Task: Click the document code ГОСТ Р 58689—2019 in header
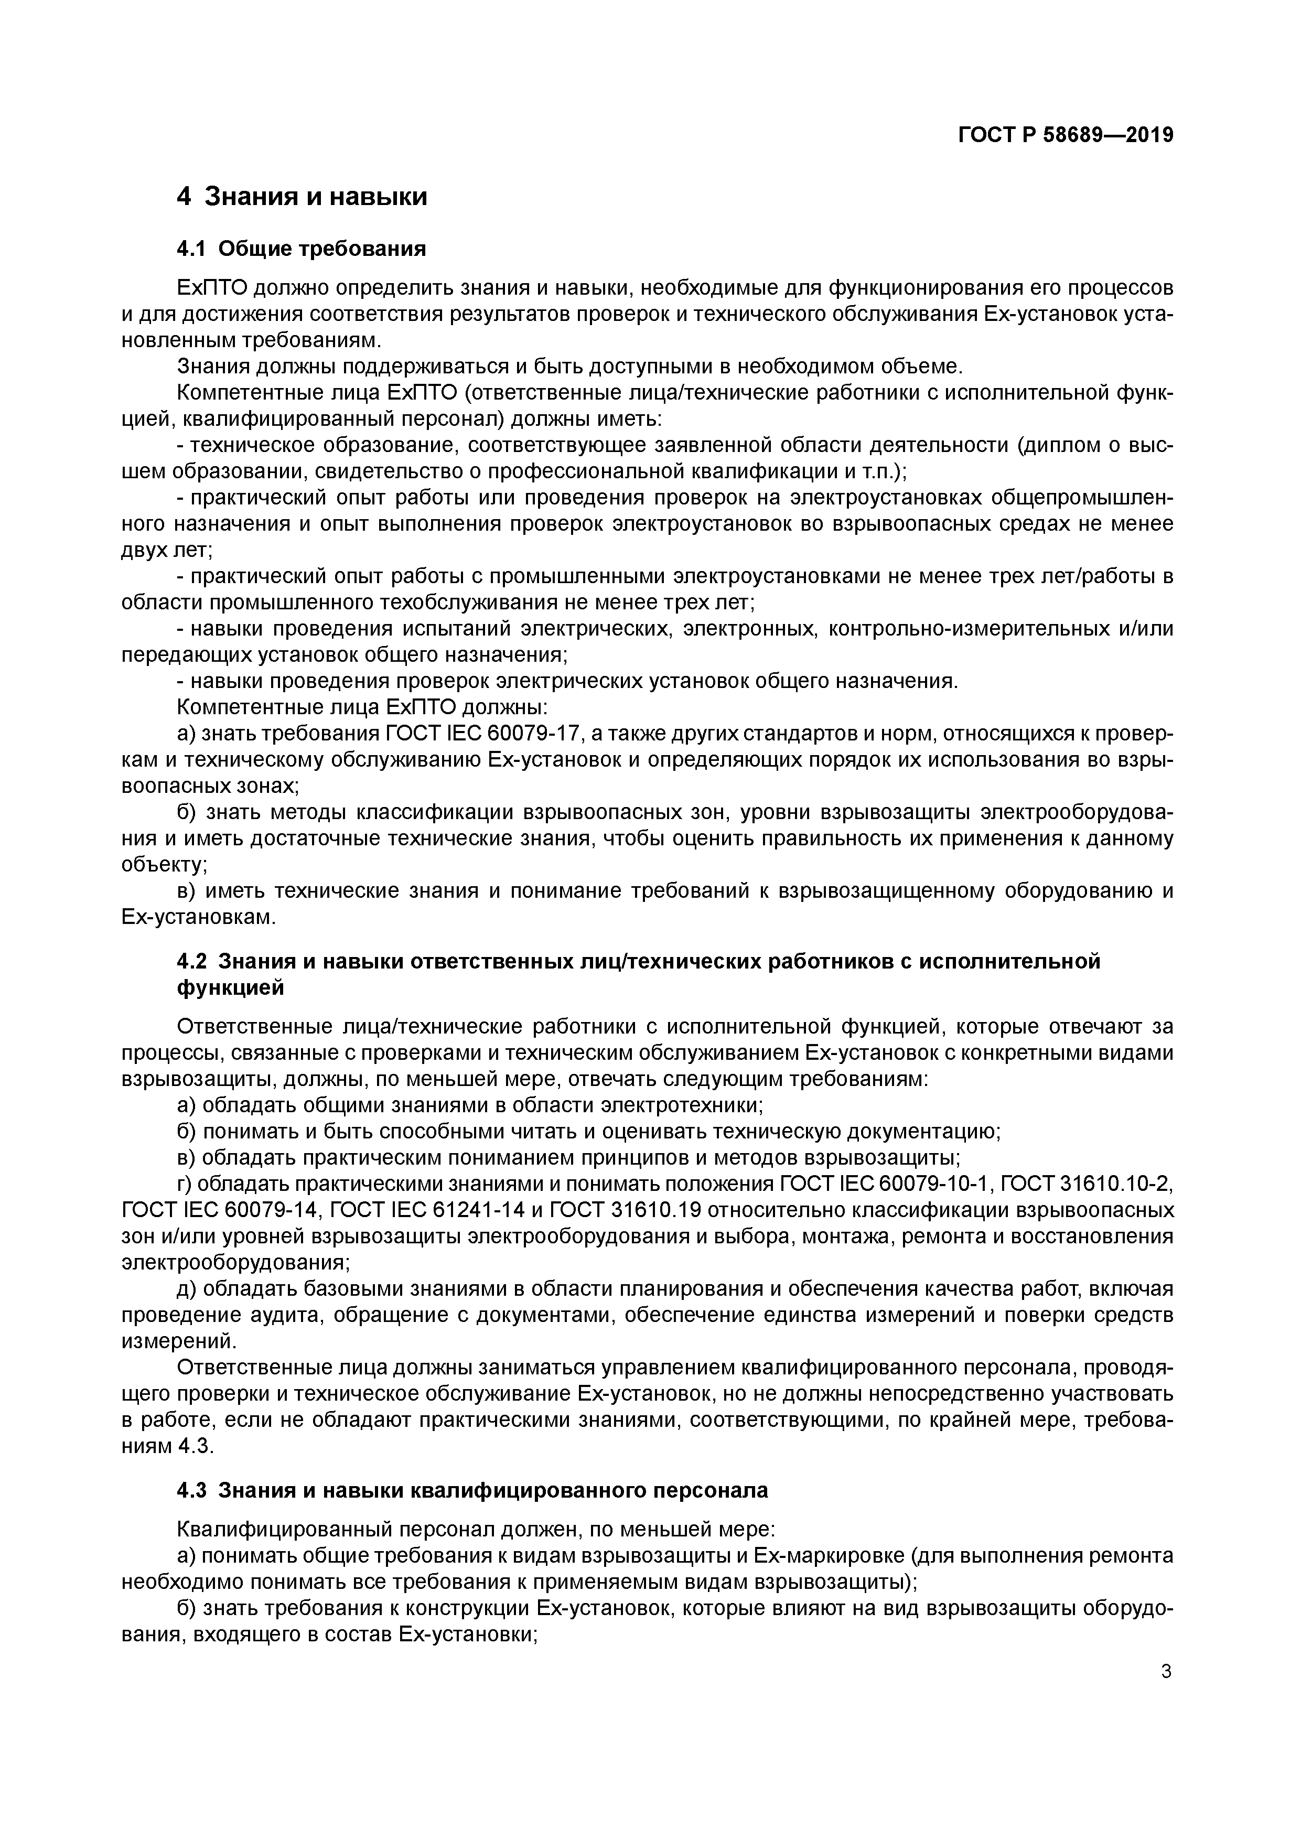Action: coord(1066,135)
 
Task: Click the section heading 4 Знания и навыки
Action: coord(302,196)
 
